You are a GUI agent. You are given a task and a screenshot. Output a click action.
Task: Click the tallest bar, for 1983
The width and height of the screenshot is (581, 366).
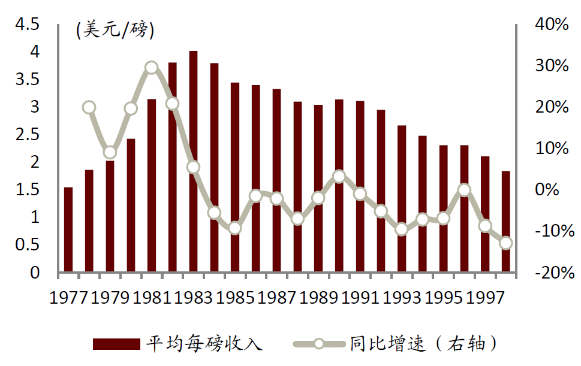[x=193, y=162]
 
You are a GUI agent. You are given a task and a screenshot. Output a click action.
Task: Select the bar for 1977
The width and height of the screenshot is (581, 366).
[x=68, y=230]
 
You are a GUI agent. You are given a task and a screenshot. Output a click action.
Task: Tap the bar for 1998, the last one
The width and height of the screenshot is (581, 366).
[x=505, y=222]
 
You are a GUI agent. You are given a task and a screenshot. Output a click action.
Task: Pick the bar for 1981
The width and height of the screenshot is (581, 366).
[x=152, y=186]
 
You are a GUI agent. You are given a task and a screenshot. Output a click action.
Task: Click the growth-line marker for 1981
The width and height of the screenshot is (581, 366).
[x=152, y=67]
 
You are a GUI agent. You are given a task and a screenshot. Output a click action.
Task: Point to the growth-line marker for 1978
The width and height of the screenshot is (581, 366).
[x=89, y=107]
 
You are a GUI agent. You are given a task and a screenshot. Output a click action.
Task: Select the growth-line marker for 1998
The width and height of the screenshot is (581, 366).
[x=505, y=243]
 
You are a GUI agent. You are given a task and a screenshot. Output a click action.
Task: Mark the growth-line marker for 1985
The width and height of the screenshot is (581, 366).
[x=235, y=228]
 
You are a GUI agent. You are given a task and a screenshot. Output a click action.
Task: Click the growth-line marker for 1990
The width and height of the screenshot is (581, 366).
[x=339, y=176]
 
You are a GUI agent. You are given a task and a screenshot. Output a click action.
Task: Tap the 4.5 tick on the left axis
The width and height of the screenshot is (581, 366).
[x=27, y=25]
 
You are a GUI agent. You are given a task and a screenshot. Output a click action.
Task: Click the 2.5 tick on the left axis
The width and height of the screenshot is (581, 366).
[x=27, y=135]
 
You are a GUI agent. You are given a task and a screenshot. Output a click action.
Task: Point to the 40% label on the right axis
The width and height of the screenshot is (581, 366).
[x=551, y=25]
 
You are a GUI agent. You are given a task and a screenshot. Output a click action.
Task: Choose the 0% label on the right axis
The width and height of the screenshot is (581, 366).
[x=555, y=190]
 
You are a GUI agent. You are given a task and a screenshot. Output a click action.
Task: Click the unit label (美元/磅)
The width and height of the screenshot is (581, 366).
[x=115, y=30]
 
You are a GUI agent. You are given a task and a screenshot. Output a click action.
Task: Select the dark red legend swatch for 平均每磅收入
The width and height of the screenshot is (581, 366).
[x=116, y=344]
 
